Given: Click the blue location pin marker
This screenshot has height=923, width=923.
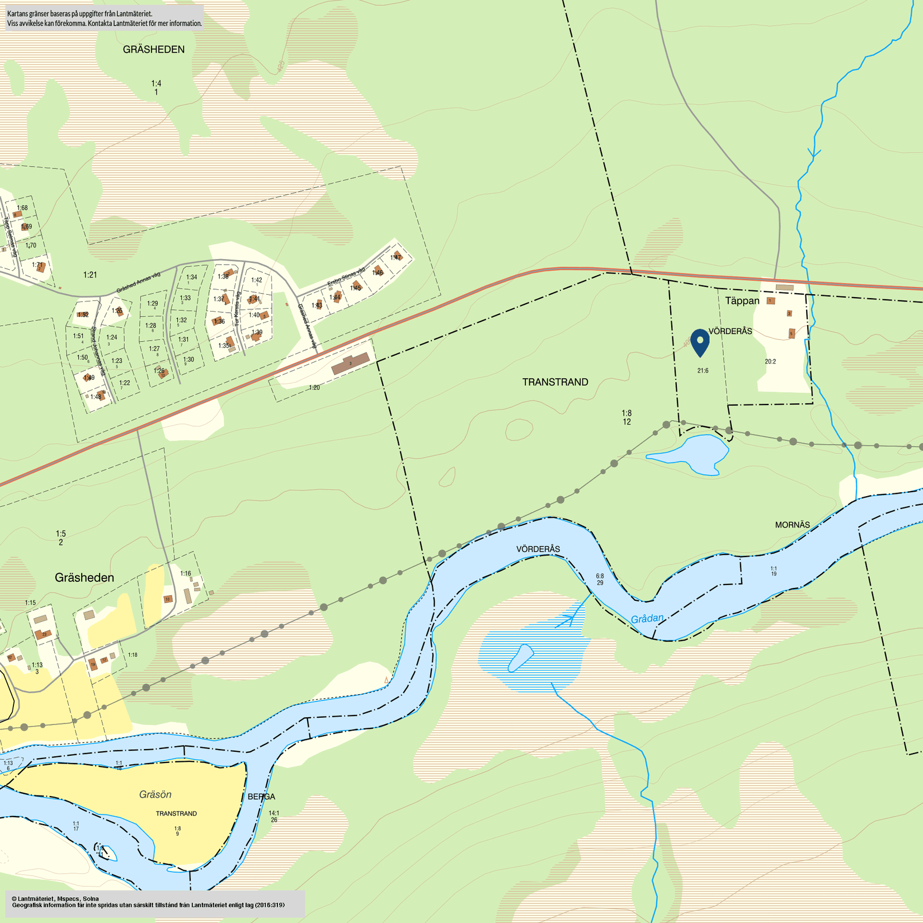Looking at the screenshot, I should (x=700, y=342).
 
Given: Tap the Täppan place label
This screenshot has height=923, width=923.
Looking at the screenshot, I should (x=742, y=301).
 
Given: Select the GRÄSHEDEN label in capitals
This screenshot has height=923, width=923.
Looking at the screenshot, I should (x=154, y=50).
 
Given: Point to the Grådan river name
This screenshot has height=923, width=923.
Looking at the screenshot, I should (x=647, y=619).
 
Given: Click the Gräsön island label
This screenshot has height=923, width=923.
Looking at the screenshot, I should (x=155, y=794).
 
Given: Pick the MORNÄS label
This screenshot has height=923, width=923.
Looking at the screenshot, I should (x=792, y=525).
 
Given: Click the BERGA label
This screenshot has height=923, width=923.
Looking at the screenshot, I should (x=261, y=797).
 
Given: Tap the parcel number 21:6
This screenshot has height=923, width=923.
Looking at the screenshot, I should (x=703, y=370).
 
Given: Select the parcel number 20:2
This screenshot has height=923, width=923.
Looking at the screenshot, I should (x=770, y=361).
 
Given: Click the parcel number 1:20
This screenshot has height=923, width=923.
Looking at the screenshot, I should (x=314, y=388).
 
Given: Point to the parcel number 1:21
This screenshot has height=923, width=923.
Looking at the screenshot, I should (x=90, y=275).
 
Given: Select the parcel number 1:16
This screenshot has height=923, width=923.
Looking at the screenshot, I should (x=186, y=573).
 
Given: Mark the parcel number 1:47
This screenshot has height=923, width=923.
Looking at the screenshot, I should (x=396, y=257).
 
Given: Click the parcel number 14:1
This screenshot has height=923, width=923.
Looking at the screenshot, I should (x=274, y=813).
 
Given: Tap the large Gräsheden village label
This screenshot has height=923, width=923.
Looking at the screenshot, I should (x=84, y=578).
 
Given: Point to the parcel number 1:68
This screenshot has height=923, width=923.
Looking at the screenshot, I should (x=22, y=208).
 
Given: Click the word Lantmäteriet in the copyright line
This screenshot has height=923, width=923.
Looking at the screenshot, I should (x=37, y=898).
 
